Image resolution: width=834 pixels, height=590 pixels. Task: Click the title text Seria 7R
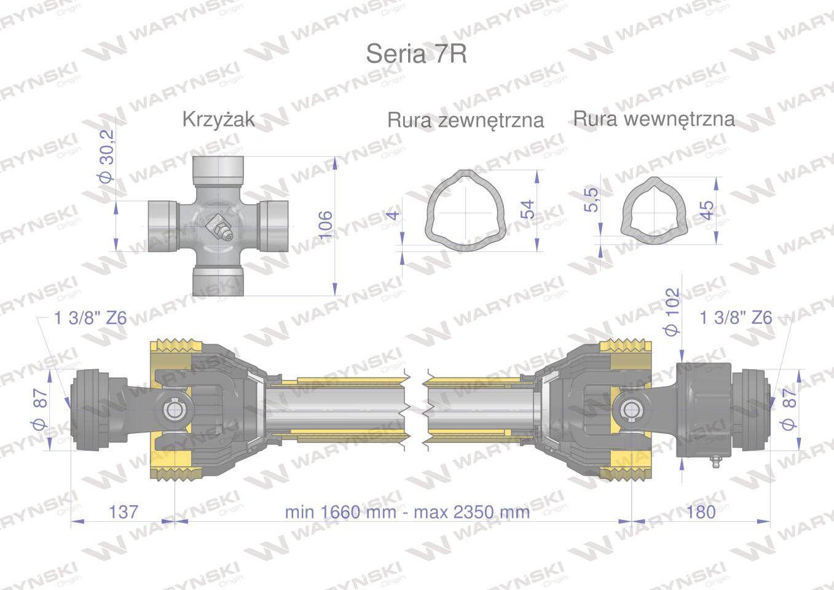[x=416, y=54]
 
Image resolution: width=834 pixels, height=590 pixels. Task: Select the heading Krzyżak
[x=219, y=120]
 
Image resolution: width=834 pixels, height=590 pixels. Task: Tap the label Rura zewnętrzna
[x=466, y=120]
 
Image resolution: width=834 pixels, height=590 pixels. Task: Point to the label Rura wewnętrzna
[x=654, y=119]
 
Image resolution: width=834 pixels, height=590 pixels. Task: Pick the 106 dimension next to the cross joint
[x=325, y=225]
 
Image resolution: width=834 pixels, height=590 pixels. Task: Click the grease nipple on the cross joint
[x=219, y=228]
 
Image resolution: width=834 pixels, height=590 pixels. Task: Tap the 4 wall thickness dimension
[x=393, y=215]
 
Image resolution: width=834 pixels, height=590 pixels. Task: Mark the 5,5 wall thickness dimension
[x=591, y=200]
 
